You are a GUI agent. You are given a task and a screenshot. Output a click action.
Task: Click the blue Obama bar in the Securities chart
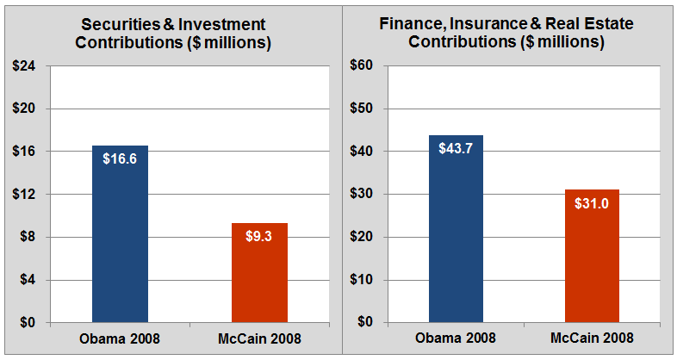[120, 241]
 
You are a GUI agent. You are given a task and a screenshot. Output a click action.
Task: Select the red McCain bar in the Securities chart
[259, 276]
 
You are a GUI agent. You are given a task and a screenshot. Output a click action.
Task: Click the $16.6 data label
[120, 158]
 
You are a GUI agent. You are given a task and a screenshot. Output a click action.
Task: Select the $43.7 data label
[456, 147]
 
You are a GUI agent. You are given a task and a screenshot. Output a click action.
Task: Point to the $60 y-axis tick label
[360, 66]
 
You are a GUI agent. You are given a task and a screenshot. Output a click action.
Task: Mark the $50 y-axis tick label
[360, 109]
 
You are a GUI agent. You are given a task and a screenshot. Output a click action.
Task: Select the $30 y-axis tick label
[360, 195]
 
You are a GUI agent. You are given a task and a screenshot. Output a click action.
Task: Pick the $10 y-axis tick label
[360, 280]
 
